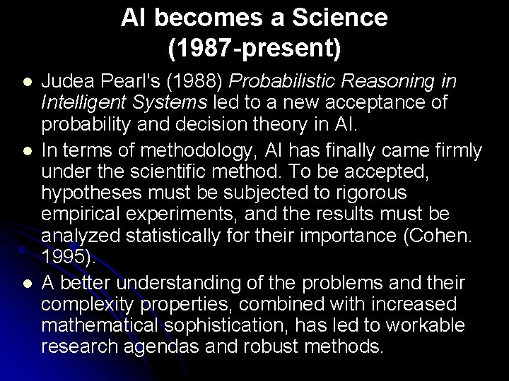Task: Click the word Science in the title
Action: tap(341, 18)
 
